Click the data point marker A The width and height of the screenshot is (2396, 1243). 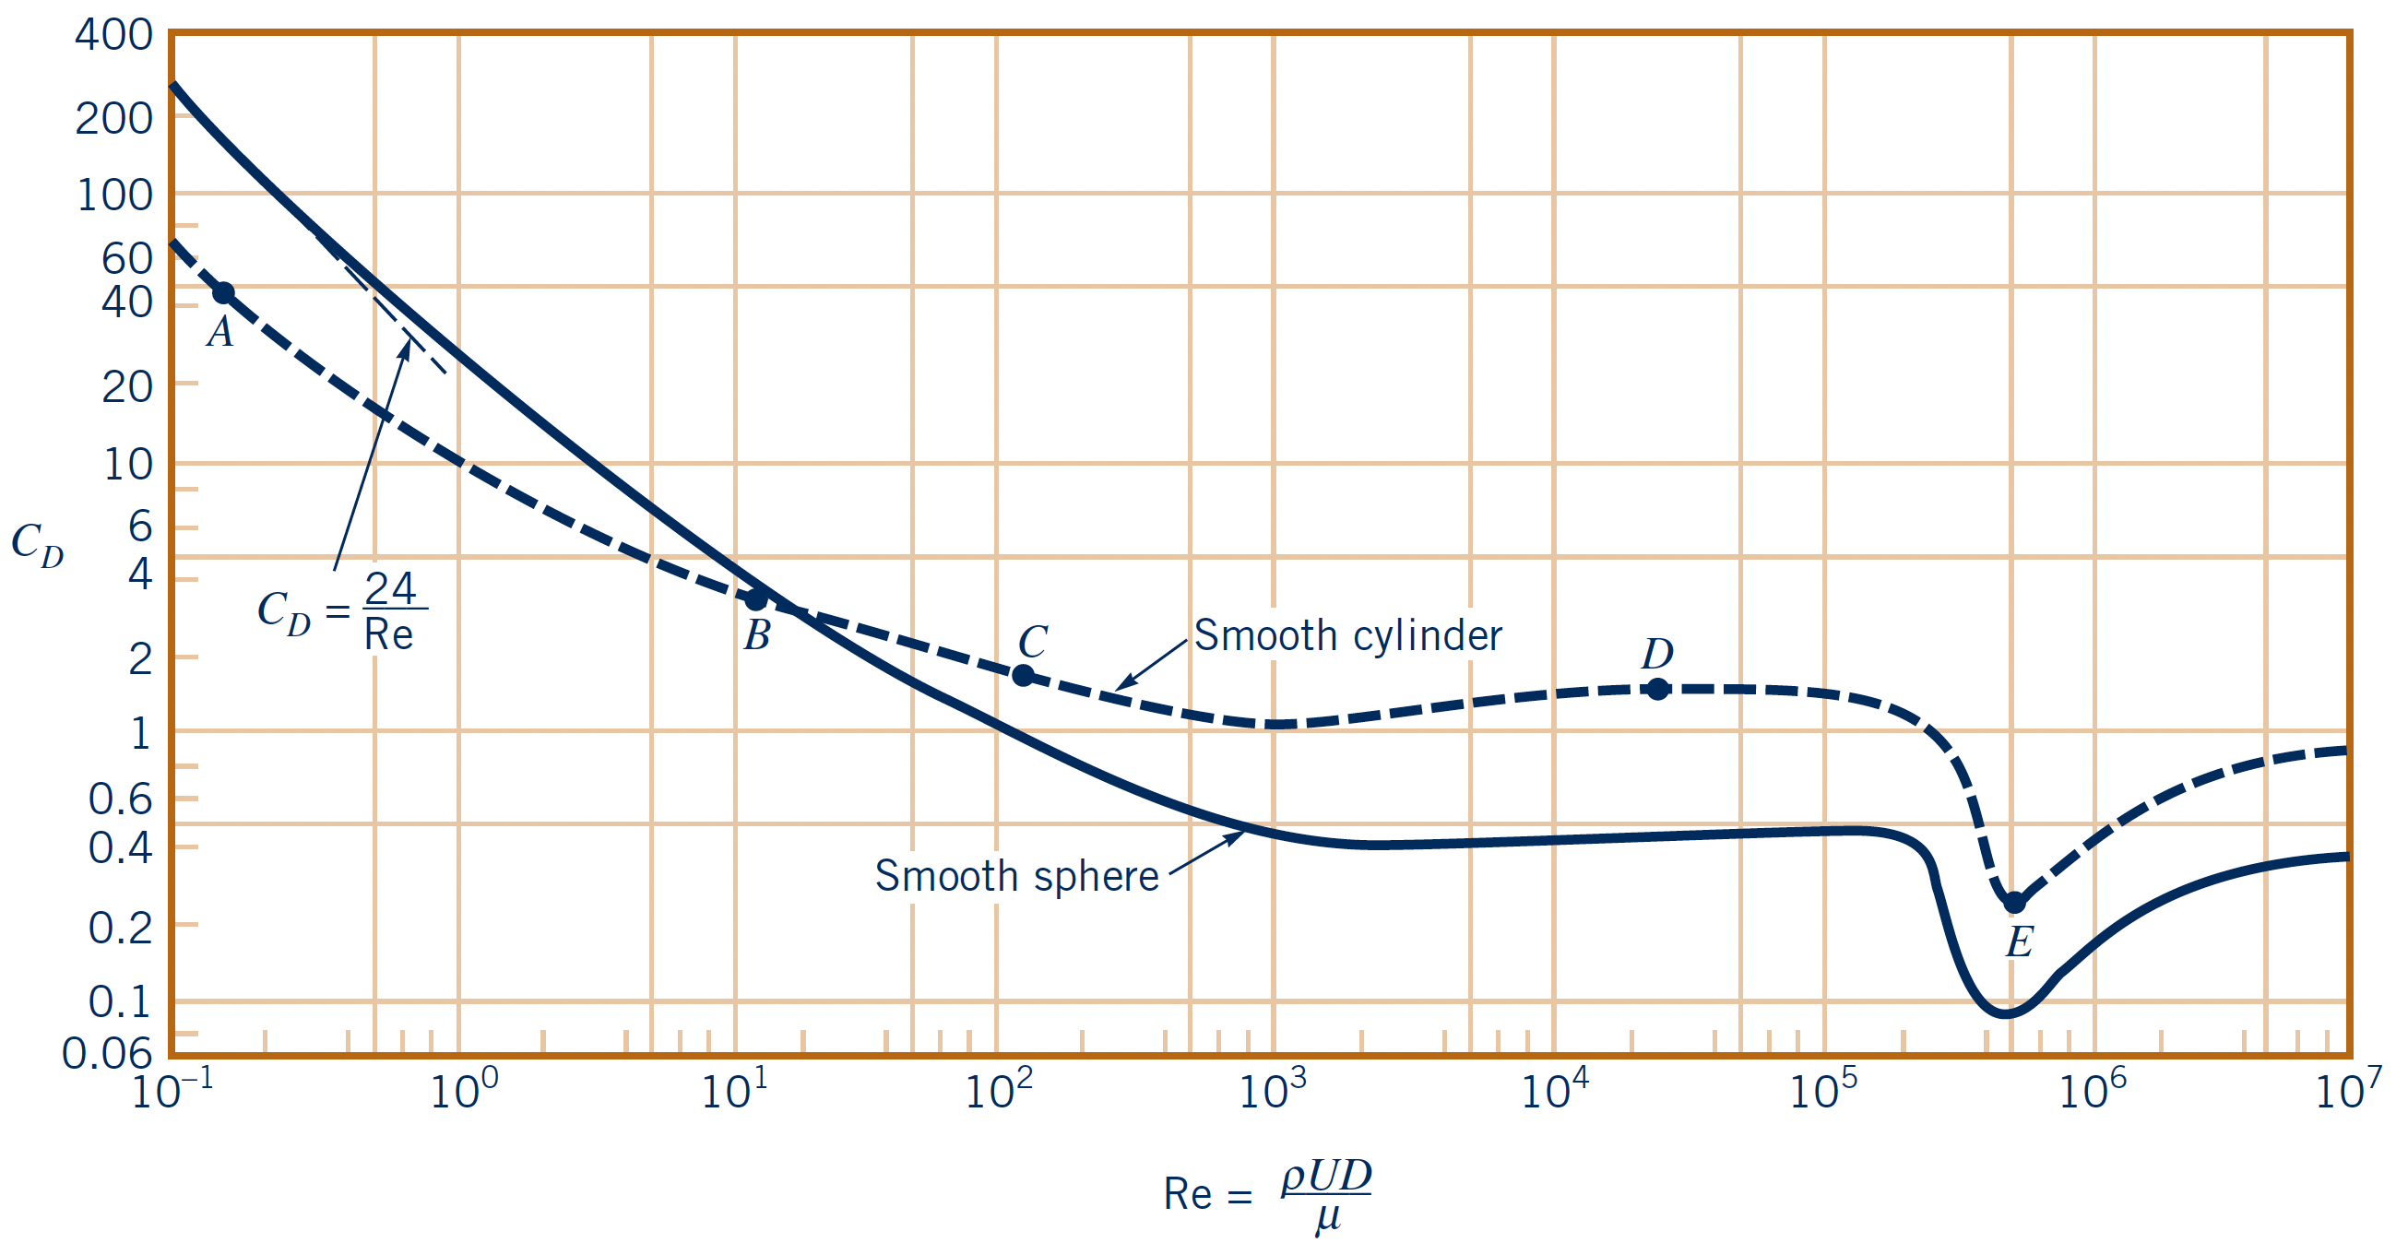pyautogui.click(x=223, y=294)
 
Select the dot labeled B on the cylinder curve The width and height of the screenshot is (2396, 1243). pyautogui.click(x=757, y=599)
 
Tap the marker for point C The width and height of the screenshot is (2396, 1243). pyautogui.click(x=1023, y=676)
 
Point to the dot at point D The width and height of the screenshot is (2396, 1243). pyautogui.click(x=1657, y=689)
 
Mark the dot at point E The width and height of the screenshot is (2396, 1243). pyautogui.click(x=2014, y=903)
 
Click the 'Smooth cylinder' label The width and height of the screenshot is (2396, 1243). pyautogui.click(x=1347, y=636)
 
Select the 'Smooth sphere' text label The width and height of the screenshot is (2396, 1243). pyautogui.click(x=1016, y=876)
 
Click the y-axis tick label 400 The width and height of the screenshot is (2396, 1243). pyautogui.click(x=113, y=35)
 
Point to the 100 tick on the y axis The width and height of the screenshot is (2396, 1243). pyautogui.click(x=114, y=196)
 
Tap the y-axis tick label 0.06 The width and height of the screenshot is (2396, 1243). pyautogui.click(x=107, y=1053)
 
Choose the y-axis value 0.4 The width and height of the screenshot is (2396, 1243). pyautogui.click(x=120, y=848)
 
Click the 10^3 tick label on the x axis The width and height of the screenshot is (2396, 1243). pyautogui.click(x=1273, y=1090)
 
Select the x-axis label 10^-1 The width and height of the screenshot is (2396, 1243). pyautogui.click(x=172, y=1090)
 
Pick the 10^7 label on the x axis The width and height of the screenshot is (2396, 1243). pyautogui.click(x=2348, y=1090)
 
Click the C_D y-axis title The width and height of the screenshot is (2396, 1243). pyautogui.click(x=37, y=543)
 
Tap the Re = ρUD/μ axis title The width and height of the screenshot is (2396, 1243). pyautogui.click(x=1268, y=1194)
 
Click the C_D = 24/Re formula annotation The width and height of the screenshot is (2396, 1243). pyautogui.click(x=341, y=611)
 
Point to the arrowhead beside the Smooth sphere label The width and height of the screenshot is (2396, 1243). pyautogui.click(x=1237, y=835)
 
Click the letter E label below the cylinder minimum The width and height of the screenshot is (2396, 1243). pyautogui.click(x=2019, y=942)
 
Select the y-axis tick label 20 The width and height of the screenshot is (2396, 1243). pyautogui.click(x=127, y=386)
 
